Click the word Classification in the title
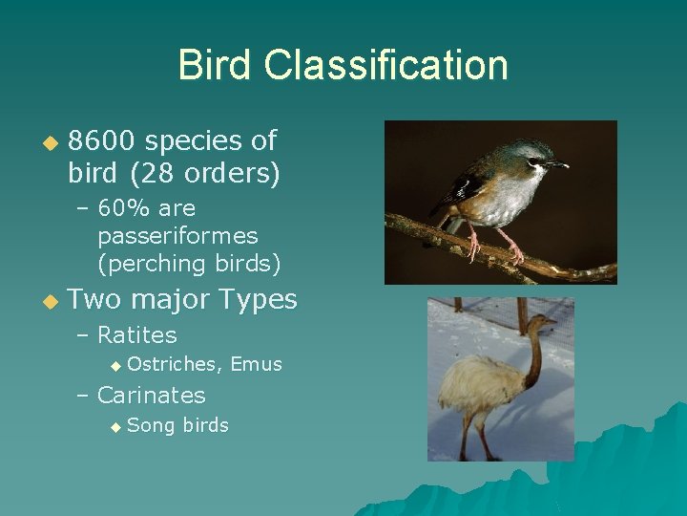tap(386, 65)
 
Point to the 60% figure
tap(131, 208)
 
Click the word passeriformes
tap(177, 235)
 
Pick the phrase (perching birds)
tap(189, 262)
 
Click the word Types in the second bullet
tap(258, 299)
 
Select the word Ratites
tap(137, 335)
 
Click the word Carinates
tap(152, 395)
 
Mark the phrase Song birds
tap(177, 425)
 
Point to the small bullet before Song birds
tap(115, 427)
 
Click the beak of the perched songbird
tap(559, 165)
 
